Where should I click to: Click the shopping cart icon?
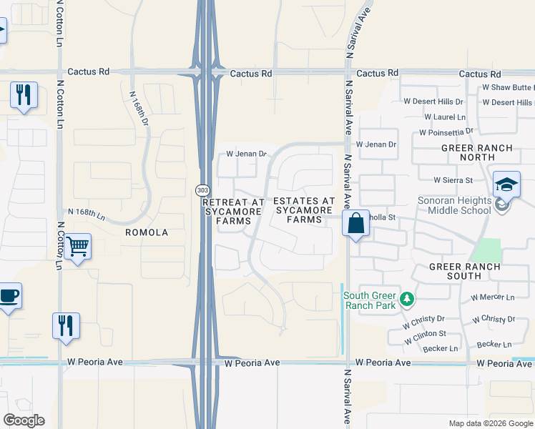pos(77,247)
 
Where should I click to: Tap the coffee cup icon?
pos(9,296)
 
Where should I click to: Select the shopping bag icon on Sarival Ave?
pos(355,224)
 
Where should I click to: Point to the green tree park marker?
pos(406,298)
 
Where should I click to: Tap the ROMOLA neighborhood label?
pos(146,232)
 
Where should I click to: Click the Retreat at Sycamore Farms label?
pos(234,211)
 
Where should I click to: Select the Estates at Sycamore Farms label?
pos(304,210)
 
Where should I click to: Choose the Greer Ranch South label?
pos(465,271)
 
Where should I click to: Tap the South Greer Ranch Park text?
pos(370,300)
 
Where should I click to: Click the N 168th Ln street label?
pos(87,213)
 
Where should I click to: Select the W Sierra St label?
pos(453,180)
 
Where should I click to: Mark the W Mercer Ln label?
pos(492,297)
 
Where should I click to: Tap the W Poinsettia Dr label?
pos(446,132)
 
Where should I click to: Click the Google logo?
pos(24,420)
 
